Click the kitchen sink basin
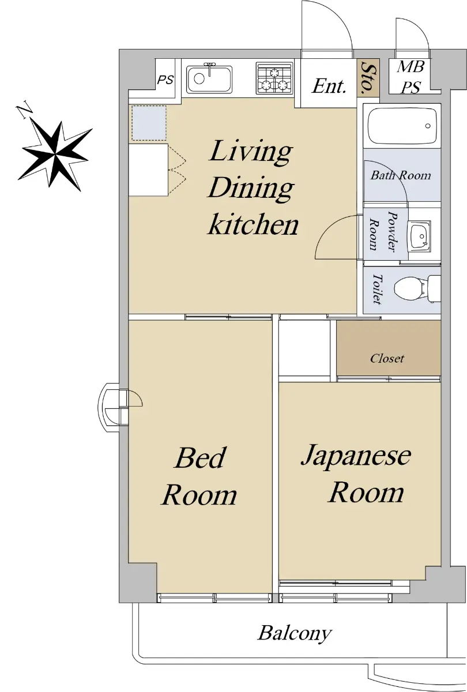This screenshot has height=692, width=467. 209,78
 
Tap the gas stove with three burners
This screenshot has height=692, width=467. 274,78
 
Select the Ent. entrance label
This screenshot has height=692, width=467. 329,86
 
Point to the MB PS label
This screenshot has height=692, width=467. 410,77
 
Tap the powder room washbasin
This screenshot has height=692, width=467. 419,237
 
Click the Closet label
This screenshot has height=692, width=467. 387,358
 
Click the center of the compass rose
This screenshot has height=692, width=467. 55,154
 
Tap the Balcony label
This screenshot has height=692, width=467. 295,633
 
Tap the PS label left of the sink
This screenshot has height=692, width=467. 165,80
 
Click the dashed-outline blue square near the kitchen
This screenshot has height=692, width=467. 149,123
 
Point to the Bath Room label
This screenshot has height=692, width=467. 401,175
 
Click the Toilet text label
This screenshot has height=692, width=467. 377,289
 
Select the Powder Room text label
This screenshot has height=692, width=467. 383,232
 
